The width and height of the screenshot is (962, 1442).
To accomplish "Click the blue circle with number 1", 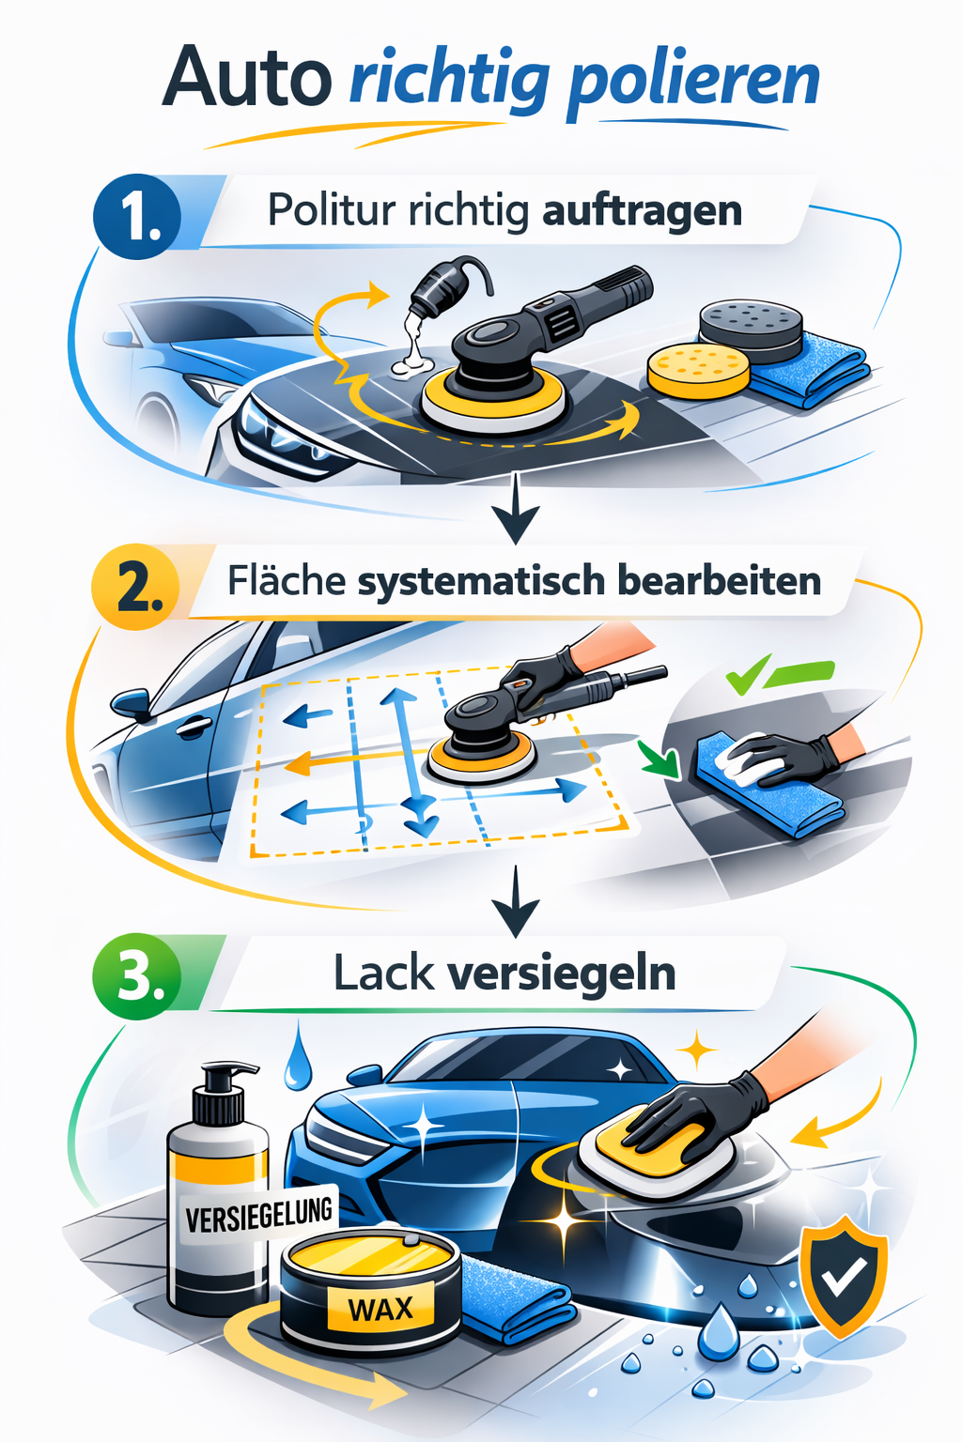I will pos(137,217).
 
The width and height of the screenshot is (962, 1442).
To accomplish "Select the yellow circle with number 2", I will pos(135,588).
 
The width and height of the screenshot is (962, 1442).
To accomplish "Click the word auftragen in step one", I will pos(642,210).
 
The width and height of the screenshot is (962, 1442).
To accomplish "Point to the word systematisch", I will pos(481,582).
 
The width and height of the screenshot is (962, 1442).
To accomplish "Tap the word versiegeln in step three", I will pos(562,974).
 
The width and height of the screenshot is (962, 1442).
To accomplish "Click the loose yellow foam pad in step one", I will pos(699,369).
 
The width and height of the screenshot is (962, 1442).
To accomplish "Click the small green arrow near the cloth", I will pos(659,759).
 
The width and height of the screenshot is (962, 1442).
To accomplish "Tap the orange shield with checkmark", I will pos(843,1273).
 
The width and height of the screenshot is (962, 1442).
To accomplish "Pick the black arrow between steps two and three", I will pos(516,903).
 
